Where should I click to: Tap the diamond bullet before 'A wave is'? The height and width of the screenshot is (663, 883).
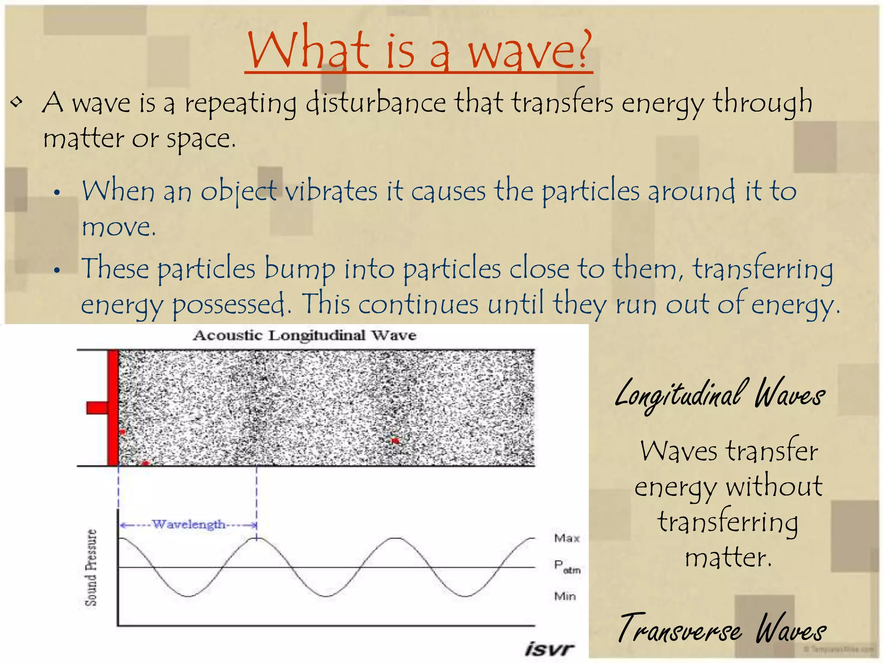point(17,103)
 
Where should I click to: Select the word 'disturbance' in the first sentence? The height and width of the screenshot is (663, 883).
point(375,104)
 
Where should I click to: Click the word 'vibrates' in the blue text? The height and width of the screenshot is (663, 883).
point(331,191)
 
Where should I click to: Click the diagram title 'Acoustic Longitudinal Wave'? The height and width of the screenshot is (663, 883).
point(304,335)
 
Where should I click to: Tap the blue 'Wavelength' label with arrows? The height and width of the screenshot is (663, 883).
point(188,524)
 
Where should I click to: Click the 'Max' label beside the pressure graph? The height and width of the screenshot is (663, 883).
point(567,538)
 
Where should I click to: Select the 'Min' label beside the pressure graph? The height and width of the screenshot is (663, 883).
point(565,596)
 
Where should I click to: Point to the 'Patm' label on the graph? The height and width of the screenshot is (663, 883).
point(567,567)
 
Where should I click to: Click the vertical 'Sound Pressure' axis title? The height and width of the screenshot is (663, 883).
point(91,568)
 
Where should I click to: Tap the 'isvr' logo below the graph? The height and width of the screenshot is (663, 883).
point(549,649)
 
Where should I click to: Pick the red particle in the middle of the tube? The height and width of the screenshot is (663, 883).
point(395,440)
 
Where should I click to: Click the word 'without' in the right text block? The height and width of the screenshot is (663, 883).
point(773,486)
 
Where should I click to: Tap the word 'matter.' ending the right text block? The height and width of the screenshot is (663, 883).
point(728,557)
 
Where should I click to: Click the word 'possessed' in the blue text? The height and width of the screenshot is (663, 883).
point(229,304)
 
